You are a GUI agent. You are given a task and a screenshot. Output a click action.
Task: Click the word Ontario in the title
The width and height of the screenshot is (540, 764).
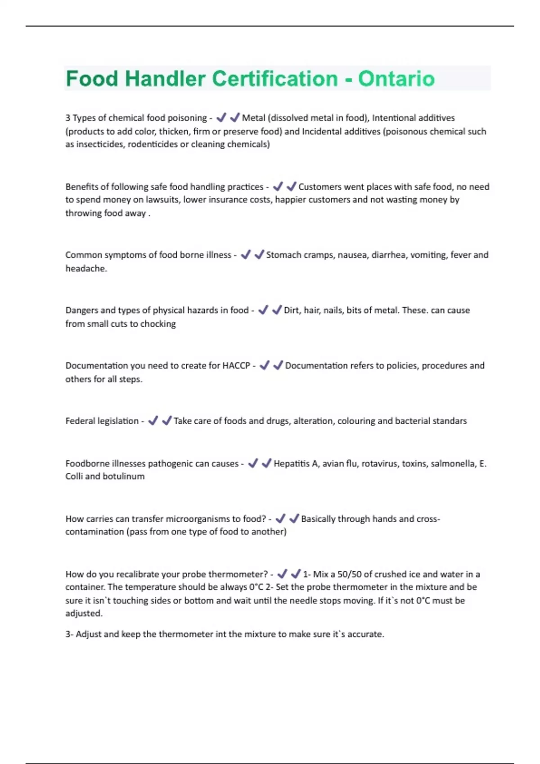click(x=396, y=79)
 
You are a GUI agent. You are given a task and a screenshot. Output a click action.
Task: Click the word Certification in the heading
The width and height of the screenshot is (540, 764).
click(x=274, y=79)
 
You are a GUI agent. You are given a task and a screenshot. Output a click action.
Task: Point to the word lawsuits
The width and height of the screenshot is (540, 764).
click(x=163, y=200)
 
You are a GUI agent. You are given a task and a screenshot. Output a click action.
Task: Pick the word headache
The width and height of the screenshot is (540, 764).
click(x=85, y=268)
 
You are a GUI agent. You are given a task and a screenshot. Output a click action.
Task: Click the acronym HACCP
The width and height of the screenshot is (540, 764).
click(x=236, y=365)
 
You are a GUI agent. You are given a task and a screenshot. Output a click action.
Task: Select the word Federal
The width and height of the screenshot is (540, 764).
click(x=79, y=421)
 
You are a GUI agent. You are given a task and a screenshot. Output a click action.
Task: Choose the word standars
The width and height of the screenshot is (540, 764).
click(x=450, y=421)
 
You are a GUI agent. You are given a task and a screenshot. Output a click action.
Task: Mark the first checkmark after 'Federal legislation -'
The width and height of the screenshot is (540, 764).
click(x=153, y=421)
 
